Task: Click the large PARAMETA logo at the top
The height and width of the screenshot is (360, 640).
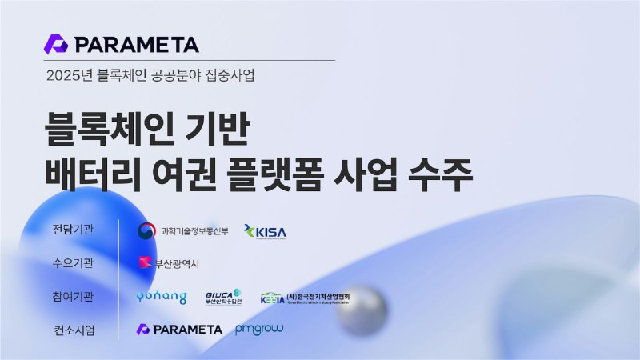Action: click(122, 44)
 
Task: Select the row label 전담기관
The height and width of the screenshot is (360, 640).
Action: click(72, 230)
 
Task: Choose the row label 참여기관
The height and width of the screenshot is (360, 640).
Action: click(72, 297)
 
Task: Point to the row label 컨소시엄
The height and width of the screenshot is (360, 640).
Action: click(72, 330)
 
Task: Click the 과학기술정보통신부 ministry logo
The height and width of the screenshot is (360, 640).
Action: click(183, 231)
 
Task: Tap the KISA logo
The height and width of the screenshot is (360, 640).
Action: click(265, 232)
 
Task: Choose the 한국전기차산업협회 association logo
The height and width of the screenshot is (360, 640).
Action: click(305, 298)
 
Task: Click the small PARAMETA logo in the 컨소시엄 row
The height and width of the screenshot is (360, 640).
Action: click(179, 329)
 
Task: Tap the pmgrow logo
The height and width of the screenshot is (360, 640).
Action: click(259, 329)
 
